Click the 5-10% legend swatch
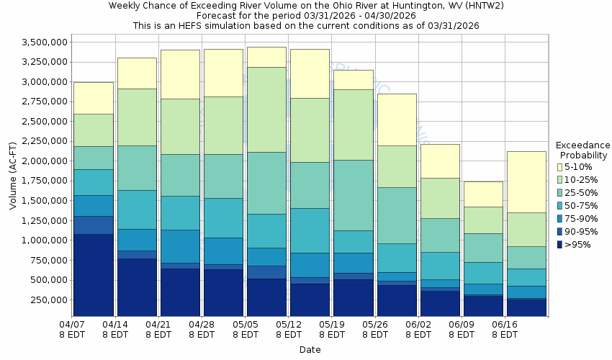tap(559, 167)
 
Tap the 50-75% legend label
tap(584, 206)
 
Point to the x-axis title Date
tap(310, 349)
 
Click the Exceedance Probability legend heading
tap(582, 150)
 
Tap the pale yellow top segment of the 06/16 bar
tap(526, 181)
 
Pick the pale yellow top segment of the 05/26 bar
tap(396, 120)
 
